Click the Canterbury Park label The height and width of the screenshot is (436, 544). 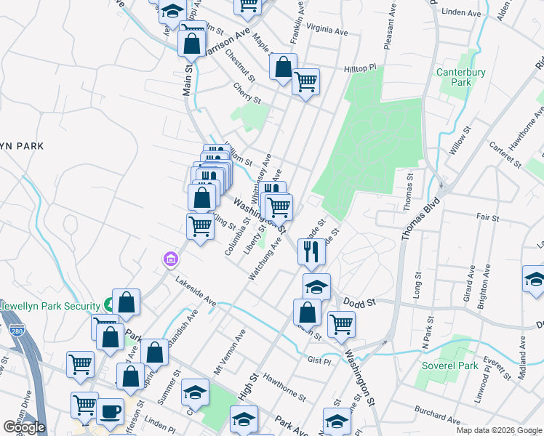(x=455, y=77)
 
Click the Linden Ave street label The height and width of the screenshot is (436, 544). (x=463, y=13)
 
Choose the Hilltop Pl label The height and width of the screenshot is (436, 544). (x=361, y=68)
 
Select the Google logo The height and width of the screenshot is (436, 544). (x=23, y=427)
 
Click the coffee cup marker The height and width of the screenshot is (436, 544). (x=110, y=411)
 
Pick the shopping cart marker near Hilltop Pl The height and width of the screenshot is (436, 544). (x=306, y=81)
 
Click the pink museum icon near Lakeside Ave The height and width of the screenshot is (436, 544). (x=170, y=258)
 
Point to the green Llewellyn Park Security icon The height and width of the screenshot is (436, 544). (x=108, y=303)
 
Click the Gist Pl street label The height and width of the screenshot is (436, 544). (x=319, y=360)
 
